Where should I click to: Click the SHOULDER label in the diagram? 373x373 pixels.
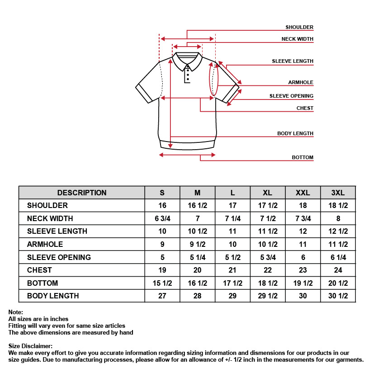(299, 28)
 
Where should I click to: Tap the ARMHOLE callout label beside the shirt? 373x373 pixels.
(301, 83)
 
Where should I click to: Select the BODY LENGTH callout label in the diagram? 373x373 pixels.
(295, 134)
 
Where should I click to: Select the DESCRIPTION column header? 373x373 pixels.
(82, 193)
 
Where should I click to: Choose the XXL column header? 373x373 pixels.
(303, 193)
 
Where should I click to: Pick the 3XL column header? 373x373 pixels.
(338, 193)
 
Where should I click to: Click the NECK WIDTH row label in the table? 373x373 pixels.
(50, 218)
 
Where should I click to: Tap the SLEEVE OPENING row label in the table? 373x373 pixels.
(59, 257)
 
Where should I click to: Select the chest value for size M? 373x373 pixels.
(198, 270)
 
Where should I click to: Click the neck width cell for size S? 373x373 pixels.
(162, 218)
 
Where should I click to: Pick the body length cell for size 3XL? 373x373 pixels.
(338, 296)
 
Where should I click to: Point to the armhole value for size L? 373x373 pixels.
(232, 245)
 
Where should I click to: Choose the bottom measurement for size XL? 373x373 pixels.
(268, 283)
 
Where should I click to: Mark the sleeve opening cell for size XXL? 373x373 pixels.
(303, 257)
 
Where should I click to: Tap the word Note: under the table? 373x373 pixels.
(16, 312)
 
